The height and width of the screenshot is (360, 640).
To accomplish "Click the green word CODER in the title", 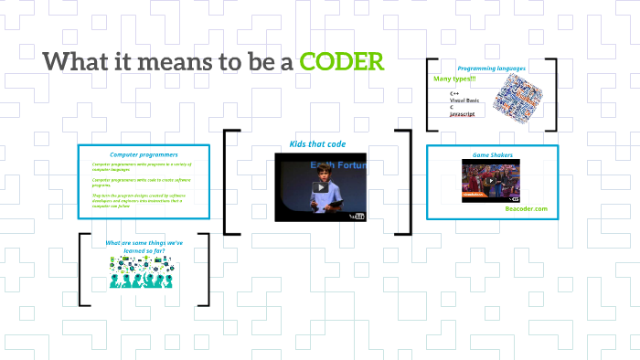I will tap(342, 63).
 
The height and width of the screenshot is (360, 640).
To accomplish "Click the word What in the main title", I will tap(75, 63).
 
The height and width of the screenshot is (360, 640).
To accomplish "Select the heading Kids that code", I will tap(317, 143).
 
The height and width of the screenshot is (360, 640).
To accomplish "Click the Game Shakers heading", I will tap(491, 154).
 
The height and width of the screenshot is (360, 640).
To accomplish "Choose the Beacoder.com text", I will tap(526, 208).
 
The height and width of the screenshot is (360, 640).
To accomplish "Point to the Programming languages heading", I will tap(492, 69).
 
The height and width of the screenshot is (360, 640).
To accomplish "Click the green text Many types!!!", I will tap(454, 79).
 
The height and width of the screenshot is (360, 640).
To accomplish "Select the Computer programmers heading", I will tap(144, 154).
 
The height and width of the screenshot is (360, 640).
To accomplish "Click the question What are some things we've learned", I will tap(144, 246).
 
